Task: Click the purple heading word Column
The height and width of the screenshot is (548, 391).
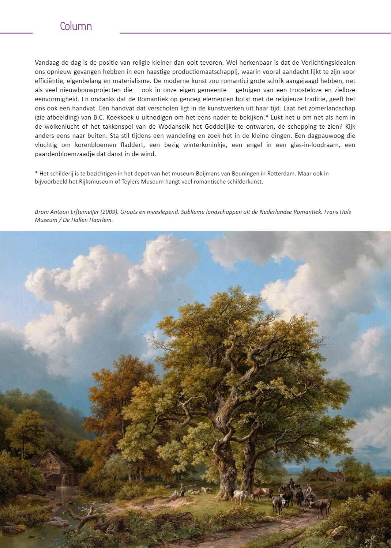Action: coord(76,26)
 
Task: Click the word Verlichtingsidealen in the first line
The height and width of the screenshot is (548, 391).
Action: coord(328,63)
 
